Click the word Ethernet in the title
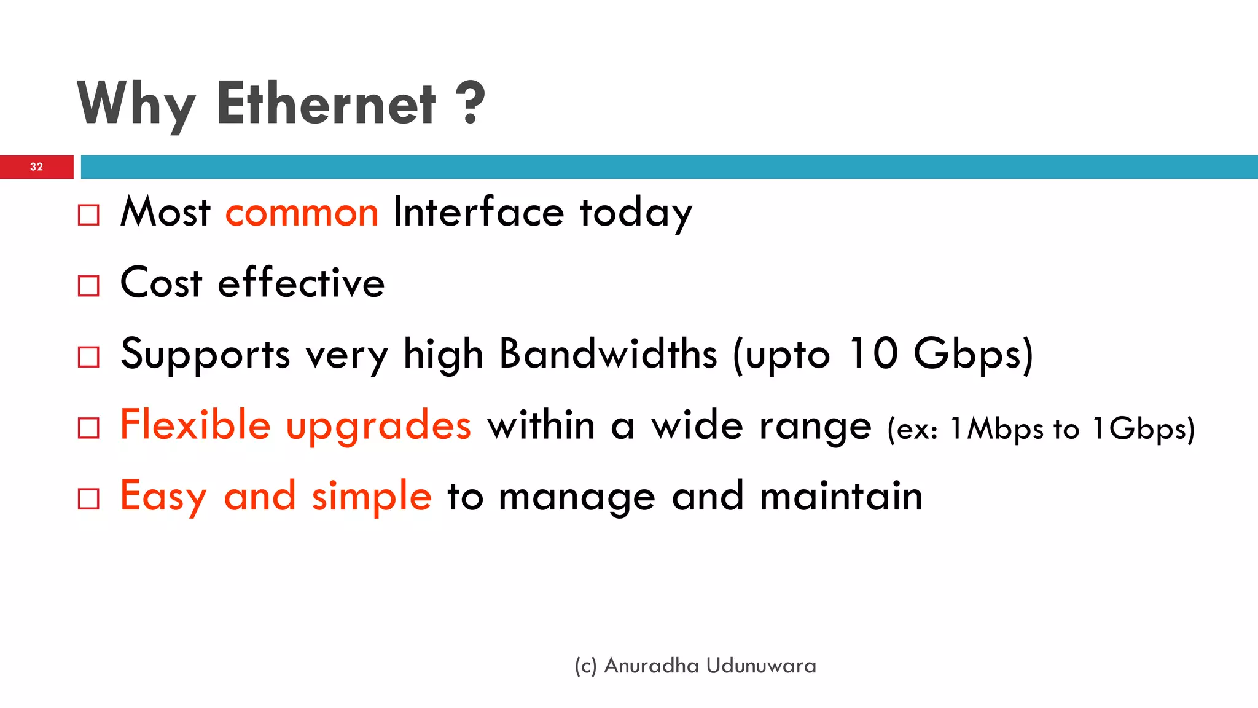326,104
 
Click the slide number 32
36,167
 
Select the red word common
302,213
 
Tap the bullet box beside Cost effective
88,286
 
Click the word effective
301,283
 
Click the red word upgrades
378,427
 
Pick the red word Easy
163,497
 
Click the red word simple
372,497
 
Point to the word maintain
841,497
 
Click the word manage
577,498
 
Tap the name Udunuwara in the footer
761,666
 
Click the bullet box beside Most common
88,215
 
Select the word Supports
205,355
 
